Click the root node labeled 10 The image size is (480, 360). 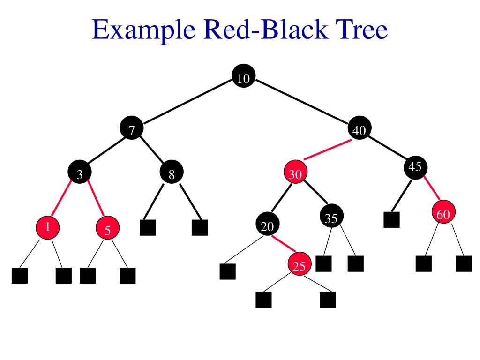pyautogui.click(x=244, y=78)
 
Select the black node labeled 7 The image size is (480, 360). pyautogui.click(x=132, y=130)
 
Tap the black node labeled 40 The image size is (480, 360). pyautogui.click(x=360, y=130)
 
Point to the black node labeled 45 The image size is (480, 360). pyautogui.click(x=415, y=167)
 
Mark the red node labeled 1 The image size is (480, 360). pyautogui.click(x=48, y=228)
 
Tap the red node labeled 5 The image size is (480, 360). pyautogui.click(x=108, y=229)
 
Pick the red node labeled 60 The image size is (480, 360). pyautogui.click(x=443, y=214)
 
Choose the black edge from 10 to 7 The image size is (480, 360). pyautogui.click(x=187, y=104)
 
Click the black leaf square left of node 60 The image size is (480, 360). pyautogui.click(x=391, y=219)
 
